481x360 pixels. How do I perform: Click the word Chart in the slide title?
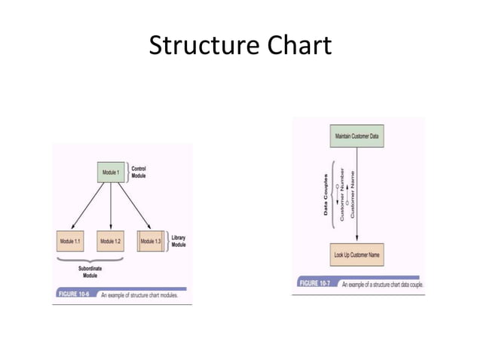[296, 46]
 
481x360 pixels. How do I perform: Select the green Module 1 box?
[111, 172]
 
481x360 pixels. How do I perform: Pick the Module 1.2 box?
[110, 241]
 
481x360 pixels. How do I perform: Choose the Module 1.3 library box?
[151, 241]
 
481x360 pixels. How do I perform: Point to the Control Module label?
[139, 172]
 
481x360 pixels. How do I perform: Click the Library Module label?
[178, 241]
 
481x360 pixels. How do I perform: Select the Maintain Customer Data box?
[357, 136]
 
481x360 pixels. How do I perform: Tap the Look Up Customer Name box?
[357, 255]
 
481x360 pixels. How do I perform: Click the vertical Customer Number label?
[342, 193]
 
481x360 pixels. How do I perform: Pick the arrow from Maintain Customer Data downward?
[357, 196]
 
